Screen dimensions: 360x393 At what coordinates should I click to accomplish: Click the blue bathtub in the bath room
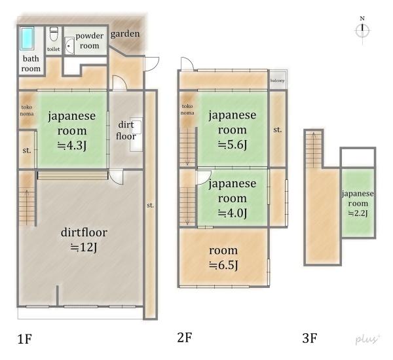coord(29,39)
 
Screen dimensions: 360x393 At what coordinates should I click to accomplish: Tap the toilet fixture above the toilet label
coord(54,32)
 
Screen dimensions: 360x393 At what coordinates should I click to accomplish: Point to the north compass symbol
coord(362,29)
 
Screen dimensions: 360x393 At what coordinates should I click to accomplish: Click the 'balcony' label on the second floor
coord(277,81)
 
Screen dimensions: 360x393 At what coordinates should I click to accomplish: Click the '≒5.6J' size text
coord(232,145)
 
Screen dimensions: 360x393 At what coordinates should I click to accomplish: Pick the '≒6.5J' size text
coord(223,265)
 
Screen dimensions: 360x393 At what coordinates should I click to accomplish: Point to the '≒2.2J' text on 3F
coord(358,213)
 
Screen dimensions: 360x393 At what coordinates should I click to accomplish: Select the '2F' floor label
coord(184,338)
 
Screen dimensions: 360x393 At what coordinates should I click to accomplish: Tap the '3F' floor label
coord(309,338)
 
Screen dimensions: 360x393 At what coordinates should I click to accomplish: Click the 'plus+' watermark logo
coord(368,339)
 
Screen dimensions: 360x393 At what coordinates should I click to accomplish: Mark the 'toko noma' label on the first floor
coord(27,111)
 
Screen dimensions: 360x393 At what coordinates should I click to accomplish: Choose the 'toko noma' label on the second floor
coord(187,109)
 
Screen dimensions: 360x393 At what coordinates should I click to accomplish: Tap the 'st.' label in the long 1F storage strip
coord(150,206)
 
